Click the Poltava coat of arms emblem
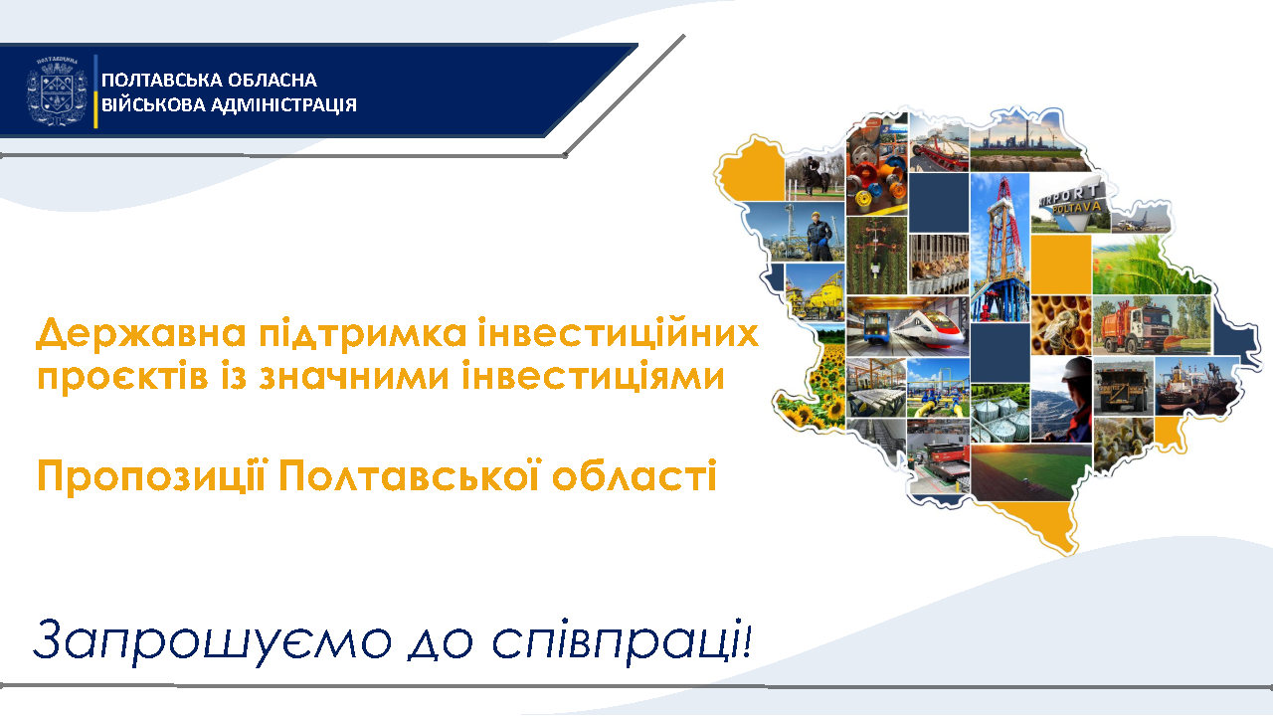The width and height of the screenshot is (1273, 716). coord(57,90)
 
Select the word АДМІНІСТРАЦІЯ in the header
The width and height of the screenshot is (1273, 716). coord(283,105)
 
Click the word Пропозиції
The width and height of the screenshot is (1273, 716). coord(151,477)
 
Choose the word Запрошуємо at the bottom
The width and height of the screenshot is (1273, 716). coord(213,640)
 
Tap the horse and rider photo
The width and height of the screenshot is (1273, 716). coord(815,175)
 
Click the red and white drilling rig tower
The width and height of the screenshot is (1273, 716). coord(1000,249)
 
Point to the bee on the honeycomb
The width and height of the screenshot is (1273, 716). coord(1060,326)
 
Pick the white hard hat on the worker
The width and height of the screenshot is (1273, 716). coord(1076,368)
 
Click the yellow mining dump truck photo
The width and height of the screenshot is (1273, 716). coord(1123,387)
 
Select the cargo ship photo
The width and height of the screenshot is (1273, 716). coord(1195,387)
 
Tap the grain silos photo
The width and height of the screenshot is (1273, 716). coord(1000,413)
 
